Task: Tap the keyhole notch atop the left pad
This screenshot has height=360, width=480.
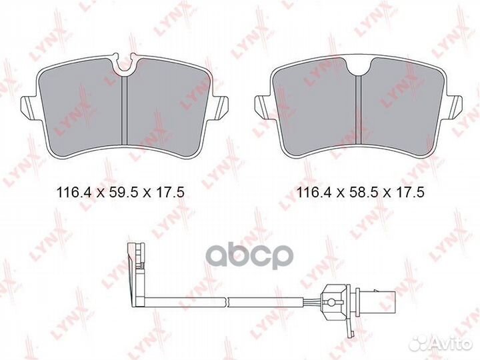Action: pos(125,64)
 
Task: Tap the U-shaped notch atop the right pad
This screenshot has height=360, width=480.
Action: pos(359,65)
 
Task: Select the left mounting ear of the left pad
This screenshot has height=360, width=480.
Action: pos(30,107)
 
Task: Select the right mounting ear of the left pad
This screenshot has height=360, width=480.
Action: pos(221,107)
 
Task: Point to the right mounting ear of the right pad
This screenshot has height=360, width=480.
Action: pos(455,105)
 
